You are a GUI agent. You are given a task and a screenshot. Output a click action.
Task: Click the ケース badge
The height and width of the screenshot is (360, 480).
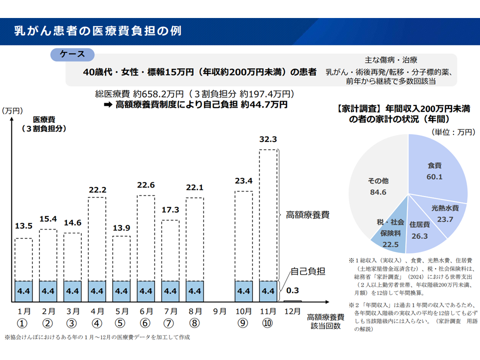pyautogui.click(x=72, y=54)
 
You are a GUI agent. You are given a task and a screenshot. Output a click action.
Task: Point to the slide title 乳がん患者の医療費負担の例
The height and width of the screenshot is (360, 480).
pyautogui.click(x=98, y=31)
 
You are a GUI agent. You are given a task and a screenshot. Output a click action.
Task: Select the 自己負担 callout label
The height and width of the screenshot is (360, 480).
pyautogui.click(x=308, y=271)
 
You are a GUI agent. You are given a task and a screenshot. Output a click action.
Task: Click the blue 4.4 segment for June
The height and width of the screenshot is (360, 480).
pyautogui.click(x=146, y=291)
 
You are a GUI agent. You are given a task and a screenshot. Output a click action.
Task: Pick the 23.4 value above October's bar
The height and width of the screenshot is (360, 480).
pyautogui.click(x=243, y=181)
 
